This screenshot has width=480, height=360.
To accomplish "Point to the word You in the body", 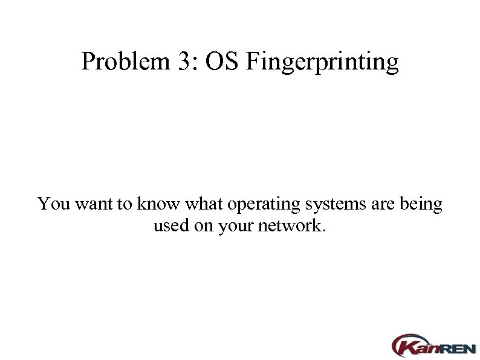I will tap(53, 204).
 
